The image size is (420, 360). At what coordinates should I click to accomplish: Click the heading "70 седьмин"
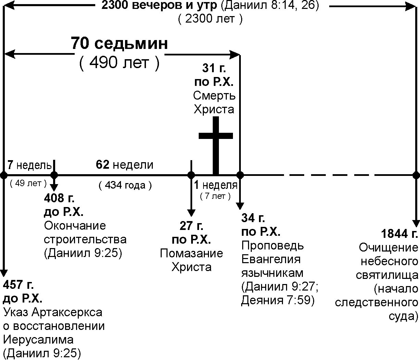point(120,44)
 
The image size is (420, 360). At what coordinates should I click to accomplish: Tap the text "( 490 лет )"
point(120,63)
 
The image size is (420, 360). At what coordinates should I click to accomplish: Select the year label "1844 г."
point(399,234)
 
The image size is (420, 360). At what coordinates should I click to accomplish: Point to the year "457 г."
point(18,285)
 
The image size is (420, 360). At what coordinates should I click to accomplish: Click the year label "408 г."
point(59,198)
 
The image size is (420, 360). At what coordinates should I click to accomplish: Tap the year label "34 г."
point(253,218)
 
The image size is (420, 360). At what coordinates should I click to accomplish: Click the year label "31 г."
point(214,68)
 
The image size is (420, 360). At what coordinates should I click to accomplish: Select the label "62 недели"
point(125,165)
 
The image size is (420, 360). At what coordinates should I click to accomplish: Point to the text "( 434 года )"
point(125,185)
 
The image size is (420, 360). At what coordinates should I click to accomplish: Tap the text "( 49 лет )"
point(28,183)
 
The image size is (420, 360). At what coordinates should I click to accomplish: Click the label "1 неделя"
point(215,185)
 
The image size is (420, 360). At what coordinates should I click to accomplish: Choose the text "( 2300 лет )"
point(210,19)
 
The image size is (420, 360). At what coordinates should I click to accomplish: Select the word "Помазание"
point(191,253)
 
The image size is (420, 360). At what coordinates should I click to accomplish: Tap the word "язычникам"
point(272,273)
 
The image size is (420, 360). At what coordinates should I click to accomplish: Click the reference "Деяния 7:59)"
point(278,300)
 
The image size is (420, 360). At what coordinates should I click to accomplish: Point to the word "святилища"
point(387,275)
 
